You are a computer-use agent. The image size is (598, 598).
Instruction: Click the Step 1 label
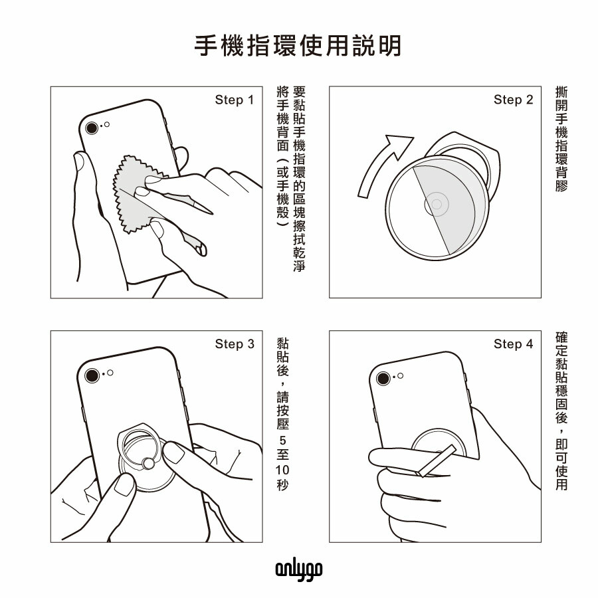(x=234, y=100)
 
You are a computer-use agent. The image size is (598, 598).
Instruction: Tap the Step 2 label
(x=513, y=100)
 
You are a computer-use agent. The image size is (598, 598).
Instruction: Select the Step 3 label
(x=234, y=344)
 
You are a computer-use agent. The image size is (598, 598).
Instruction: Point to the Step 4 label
(x=513, y=344)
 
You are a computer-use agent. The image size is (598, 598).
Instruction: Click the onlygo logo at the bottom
(x=299, y=570)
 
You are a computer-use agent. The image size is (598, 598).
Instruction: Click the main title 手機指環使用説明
(x=298, y=46)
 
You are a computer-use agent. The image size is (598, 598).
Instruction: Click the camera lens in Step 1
(x=92, y=128)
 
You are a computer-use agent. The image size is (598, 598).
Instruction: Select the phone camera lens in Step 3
(x=92, y=375)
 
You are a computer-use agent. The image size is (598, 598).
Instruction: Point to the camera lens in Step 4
(x=383, y=379)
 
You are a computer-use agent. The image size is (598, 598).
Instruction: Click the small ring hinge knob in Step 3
(x=148, y=464)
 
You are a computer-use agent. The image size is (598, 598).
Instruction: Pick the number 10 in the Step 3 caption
(x=282, y=470)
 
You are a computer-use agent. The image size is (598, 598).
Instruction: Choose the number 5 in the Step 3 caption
(x=282, y=441)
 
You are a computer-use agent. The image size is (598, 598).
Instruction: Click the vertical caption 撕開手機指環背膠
(x=561, y=140)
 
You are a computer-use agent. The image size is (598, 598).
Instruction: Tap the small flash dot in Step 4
(x=400, y=375)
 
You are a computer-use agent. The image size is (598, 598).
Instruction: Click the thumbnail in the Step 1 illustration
(x=79, y=161)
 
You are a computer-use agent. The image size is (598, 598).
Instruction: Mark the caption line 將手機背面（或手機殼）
(x=282, y=157)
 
